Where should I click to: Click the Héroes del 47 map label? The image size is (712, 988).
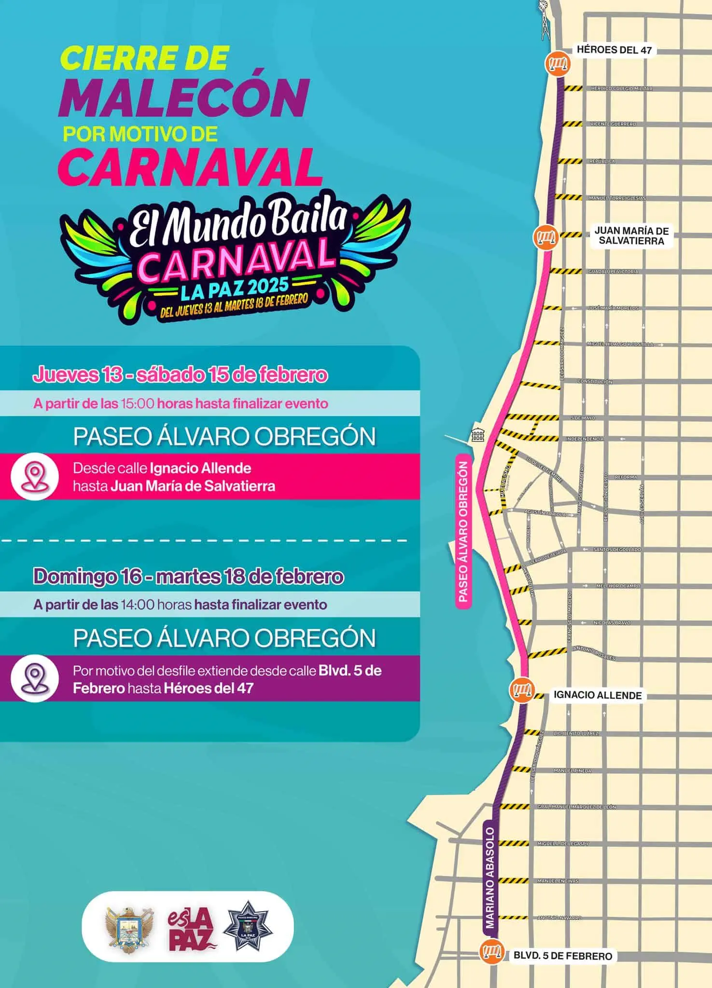pyautogui.click(x=614, y=50)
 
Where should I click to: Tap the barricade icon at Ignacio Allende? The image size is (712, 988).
pyautogui.click(x=522, y=690)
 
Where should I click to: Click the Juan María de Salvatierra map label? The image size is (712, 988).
pyautogui.click(x=631, y=236)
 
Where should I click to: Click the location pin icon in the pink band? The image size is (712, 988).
pyautogui.click(x=34, y=476)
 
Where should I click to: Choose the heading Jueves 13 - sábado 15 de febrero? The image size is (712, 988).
pyautogui.click(x=180, y=375)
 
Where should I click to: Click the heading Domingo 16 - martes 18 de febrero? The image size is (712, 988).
pyautogui.click(x=188, y=576)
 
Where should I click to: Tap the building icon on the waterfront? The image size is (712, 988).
pyautogui.click(x=477, y=436)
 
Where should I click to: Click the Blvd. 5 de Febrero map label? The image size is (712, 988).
pyautogui.click(x=562, y=956)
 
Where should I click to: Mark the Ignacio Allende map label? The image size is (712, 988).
pyautogui.click(x=597, y=695)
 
